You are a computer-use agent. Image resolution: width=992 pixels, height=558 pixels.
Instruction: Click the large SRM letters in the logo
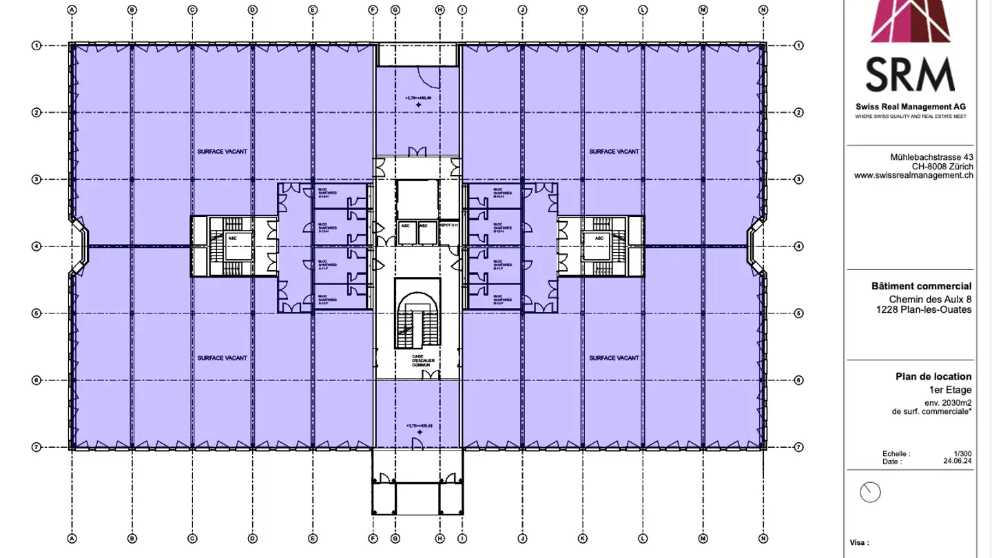pyautogui.click(x=910, y=74)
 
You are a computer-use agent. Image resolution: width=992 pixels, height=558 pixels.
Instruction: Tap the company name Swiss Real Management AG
pyautogui.click(x=910, y=107)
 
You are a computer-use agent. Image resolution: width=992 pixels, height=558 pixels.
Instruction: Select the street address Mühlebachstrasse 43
pyautogui.click(x=931, y=157)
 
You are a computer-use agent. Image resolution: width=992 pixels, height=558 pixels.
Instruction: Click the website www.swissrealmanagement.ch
pyautogui.click(x=913, y=176)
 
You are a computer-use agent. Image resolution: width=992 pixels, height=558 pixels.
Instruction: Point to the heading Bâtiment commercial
pyautogui.click(x=929, y=286)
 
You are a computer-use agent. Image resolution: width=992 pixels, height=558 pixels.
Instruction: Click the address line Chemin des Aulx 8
pyautogui.click(x=930, y=299)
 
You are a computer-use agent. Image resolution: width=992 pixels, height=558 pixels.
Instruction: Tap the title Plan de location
pyautogui.click(x=933, y=376)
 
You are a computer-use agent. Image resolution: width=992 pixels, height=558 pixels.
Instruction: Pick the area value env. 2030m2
pyautogui.click(x=948, y=402)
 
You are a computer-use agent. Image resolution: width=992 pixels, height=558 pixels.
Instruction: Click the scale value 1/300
pyautogui.click(x=962, y=454)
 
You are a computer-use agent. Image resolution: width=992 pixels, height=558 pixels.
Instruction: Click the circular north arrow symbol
pyautogui.click(x=871, y=492)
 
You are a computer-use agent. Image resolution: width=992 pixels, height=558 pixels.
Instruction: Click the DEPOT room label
pyautogui.click(x=448, y=225)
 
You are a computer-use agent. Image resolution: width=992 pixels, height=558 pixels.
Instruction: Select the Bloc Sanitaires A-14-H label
pyautogui.click(x=325, y=193)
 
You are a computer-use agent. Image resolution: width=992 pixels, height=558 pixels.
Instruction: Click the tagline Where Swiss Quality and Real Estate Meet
pyautogui.click(x=910, y=117)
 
